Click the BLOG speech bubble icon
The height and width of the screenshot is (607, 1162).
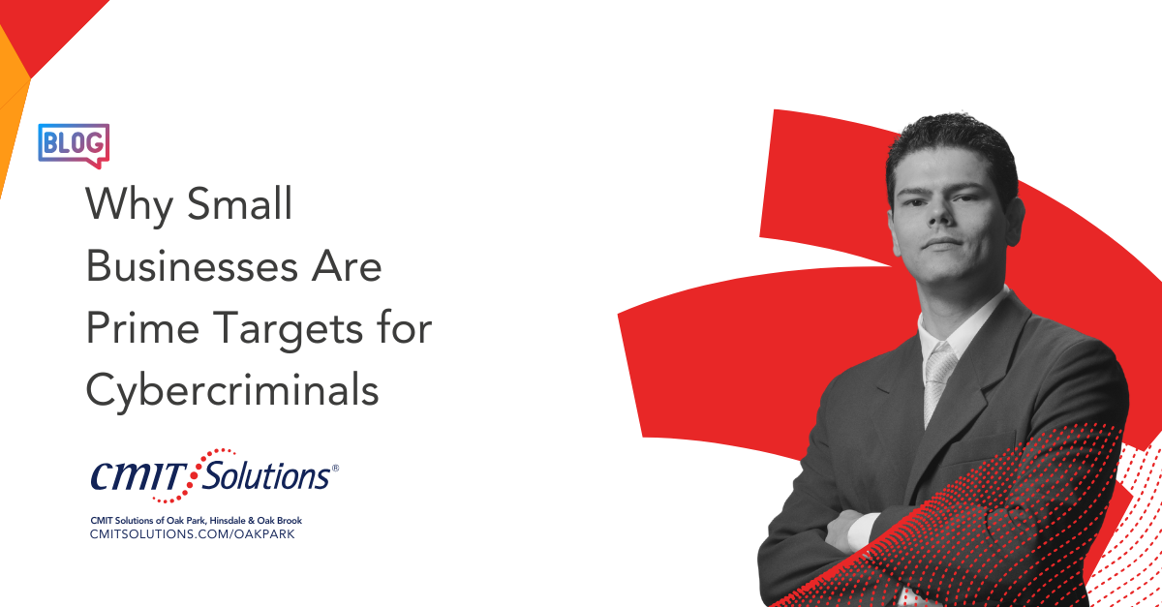click(74, 145)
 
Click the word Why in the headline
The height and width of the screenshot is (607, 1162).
click(129, 206)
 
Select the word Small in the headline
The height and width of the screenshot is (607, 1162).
click(240, 203)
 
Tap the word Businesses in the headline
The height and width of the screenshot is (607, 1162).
click(192, 265)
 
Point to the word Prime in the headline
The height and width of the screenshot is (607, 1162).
click(142, 327)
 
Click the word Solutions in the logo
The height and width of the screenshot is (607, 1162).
click(266, 474)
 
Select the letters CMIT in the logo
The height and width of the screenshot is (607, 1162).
click(138, 476)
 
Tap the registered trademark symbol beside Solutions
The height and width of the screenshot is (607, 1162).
click(335, 468)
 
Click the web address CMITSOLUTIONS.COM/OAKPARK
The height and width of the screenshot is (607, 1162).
click(193, 533)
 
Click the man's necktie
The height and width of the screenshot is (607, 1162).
click(938, 381)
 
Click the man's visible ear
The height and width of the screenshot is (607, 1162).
click(1015, 221)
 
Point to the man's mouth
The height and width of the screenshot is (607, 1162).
click(942, 243)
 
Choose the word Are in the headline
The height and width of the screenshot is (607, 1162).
click(347, 265)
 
